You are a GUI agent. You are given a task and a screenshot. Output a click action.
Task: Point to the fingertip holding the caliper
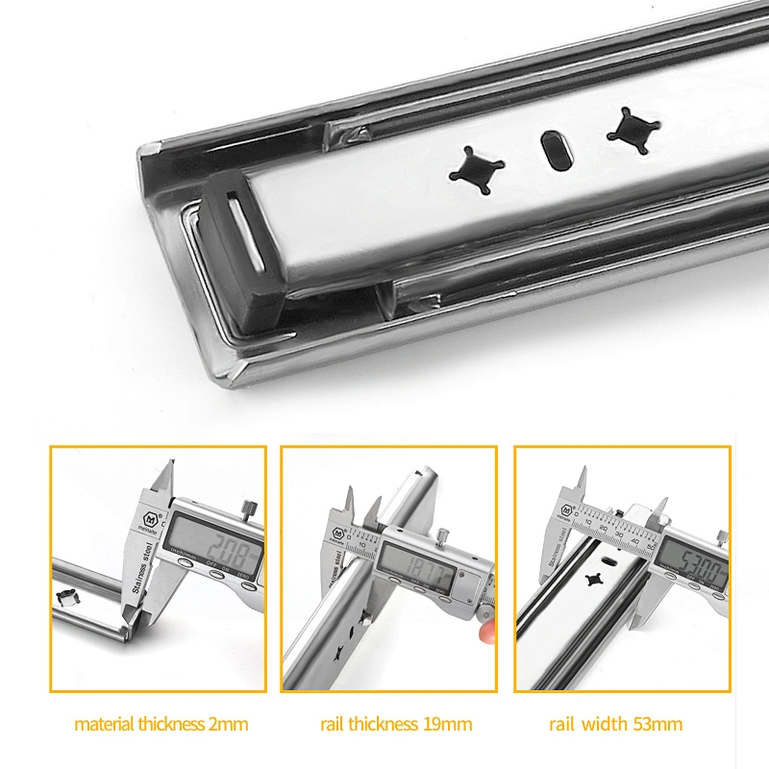coord(489,631)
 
